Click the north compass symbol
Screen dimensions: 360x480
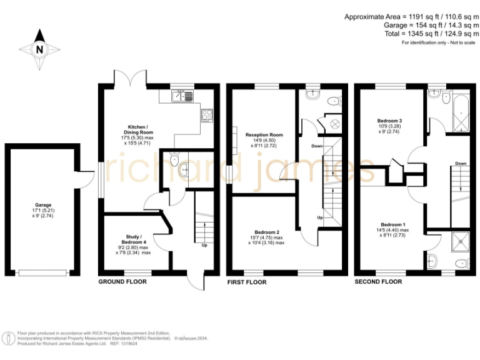pyautogui.click(x=39, y=49)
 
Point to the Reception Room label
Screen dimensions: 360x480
pyautogui.click(x=264, y=134)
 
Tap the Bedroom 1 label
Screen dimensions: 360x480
pyautogui.click(x=394, y=224)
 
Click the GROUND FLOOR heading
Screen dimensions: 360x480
pyautogui.click(x=122, y=282)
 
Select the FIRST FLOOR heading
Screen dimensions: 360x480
pyautogui.click(x=246, y=282)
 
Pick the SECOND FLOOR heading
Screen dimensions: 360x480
pyautogui.click(x=378, y=282)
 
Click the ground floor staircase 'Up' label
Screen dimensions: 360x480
pyautogui.click(x=204, y=245)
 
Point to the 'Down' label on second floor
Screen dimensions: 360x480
pyautogui.click(x=461, y=164)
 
